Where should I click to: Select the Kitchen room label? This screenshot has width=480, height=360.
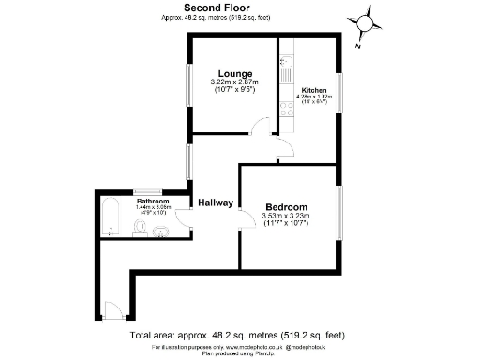click(313, 90)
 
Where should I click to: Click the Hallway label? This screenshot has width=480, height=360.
click(215, 202)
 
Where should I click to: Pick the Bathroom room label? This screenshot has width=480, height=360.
click(152, 202)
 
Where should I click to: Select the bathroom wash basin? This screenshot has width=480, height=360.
click(163, 231)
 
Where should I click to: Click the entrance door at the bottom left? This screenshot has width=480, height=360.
click(112, 308)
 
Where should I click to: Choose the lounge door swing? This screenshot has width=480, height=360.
click(262, 130)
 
